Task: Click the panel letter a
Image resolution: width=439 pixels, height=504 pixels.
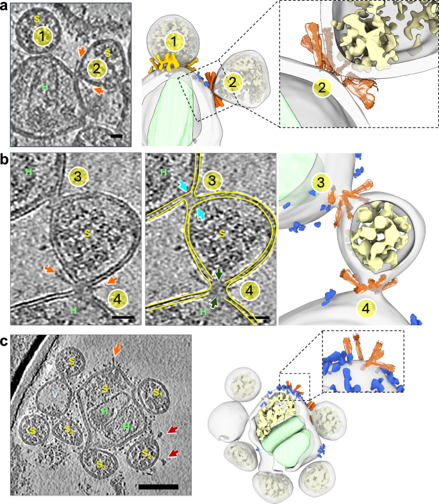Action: (x=4, y=7)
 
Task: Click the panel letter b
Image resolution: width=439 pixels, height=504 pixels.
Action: (x=5, y=158)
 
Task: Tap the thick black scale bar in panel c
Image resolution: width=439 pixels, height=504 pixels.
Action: (x=158, y=487)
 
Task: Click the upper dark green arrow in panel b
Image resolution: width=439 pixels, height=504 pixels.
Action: (x=219, y=274)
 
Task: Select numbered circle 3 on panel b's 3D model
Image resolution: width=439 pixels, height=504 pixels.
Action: (x=317, y=184)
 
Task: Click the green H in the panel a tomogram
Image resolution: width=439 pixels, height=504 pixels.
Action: (x=45, y=86)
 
